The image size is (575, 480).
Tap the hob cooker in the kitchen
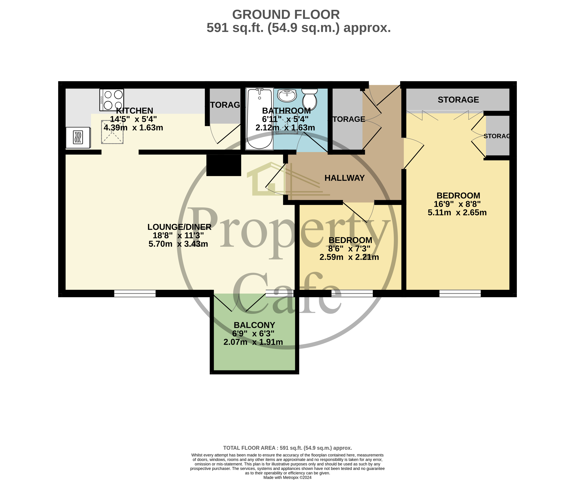click(112, 100)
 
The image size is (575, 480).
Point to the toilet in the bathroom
click(310, 99)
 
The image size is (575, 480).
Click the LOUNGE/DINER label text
click(179, 227)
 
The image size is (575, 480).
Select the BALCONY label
click(254, 325)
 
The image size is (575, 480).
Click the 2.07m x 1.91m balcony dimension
click(253, 342)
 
